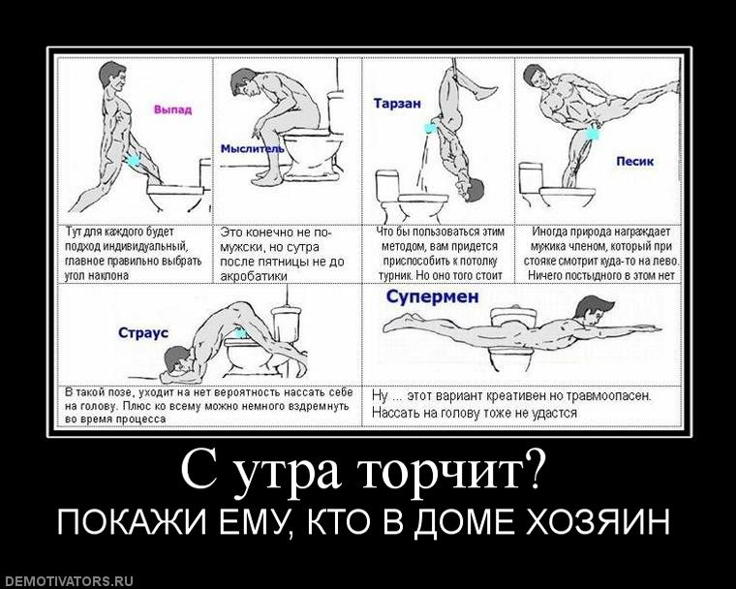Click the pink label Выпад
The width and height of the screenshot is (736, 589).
point(173,109)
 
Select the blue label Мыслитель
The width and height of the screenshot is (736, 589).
point(252,148)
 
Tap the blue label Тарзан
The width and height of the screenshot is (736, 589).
point(397,102)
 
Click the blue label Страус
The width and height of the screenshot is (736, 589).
point(143,332)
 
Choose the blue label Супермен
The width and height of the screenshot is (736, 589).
point(432,296)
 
